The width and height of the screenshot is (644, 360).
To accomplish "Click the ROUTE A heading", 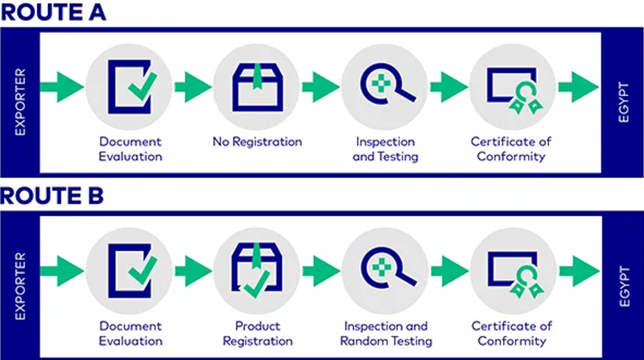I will [53, 12].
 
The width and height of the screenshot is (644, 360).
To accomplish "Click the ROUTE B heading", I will [53, 196].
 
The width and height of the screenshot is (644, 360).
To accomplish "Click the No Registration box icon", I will [257, 87].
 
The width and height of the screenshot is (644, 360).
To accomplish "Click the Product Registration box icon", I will [257, 271].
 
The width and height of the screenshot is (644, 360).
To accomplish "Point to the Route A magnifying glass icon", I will [385, 87].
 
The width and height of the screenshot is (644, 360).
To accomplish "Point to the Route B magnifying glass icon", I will [385, 271].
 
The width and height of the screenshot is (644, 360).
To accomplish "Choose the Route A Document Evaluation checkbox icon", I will [130, 87].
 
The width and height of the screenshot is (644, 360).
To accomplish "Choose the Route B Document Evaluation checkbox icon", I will [130, 271].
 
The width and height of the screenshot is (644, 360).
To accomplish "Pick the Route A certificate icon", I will [513, 89].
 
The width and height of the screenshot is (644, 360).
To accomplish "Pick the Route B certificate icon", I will [513, 273].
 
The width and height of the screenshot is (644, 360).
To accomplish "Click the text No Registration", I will [257, 142].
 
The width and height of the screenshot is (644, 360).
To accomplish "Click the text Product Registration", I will [257, 333].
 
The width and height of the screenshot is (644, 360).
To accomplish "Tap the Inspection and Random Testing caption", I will [386, 333].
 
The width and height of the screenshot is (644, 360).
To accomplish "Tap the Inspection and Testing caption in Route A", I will [385, 149].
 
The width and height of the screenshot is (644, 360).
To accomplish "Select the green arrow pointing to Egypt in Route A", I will [578, 87].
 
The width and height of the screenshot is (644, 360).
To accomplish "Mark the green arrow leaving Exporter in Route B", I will [61, 271].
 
